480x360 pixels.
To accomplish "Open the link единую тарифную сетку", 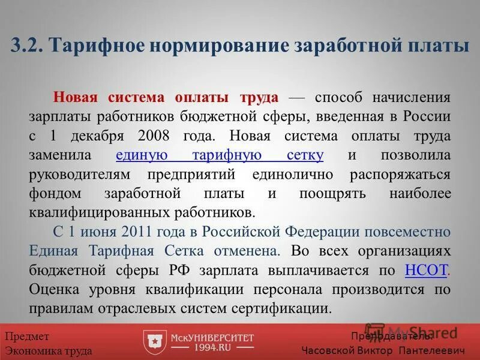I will (x=220, y=155).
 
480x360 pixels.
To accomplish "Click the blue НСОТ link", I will (x=427, y=270).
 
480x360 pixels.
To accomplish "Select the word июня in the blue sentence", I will (x=96, y=232).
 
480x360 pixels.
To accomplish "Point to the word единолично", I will (x=295, y=174).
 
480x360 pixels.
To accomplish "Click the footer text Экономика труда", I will (x=49, y=351).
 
